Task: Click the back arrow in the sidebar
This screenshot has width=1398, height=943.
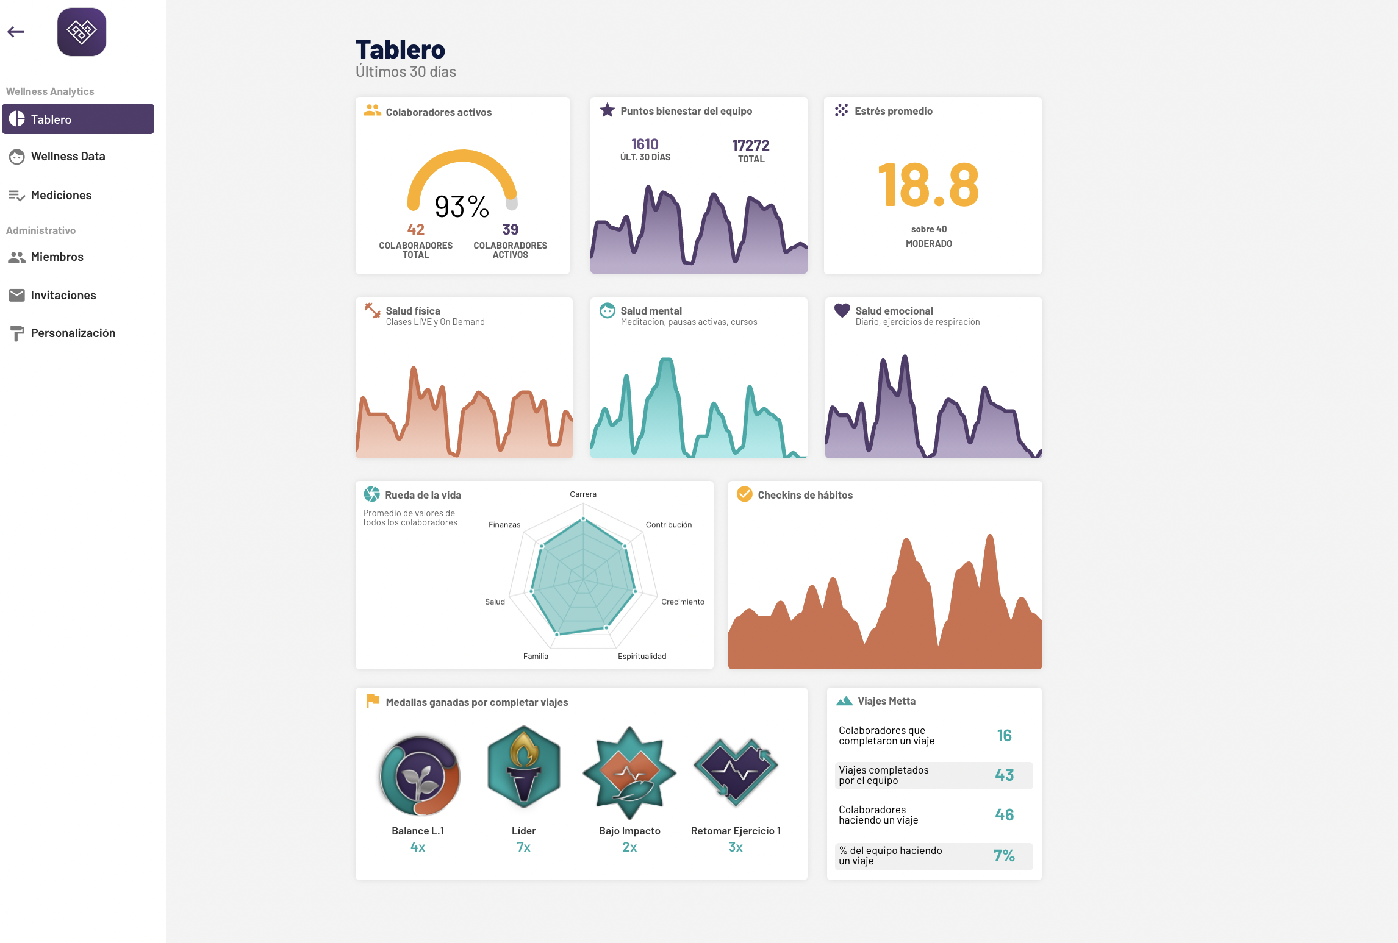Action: coord(16,32)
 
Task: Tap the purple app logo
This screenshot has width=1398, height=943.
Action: coord(82,32)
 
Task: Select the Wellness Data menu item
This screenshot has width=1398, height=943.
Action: coord(68,157)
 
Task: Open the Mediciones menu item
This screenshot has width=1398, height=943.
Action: coord(61,196)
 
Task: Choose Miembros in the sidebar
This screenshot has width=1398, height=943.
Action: coord(57,257)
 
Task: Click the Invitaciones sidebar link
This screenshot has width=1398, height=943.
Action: coord(63,296)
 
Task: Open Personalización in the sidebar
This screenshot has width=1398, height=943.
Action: coord(73,333)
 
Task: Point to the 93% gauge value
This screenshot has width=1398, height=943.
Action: coord(462,207)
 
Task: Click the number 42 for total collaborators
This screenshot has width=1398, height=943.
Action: coord(416,230)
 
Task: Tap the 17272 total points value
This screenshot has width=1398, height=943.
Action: coord(751,146)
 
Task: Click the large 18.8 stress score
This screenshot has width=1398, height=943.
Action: coord(928,185)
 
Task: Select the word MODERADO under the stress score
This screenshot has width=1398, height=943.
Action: coord(928,244)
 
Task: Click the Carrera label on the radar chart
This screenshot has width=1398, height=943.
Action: coord(583,494)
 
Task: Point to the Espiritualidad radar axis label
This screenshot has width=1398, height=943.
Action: coord(642,657)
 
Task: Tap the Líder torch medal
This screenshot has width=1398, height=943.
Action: coord(524,767)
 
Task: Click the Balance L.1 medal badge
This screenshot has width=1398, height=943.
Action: coord(420,775)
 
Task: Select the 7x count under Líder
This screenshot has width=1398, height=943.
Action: coord(523,847)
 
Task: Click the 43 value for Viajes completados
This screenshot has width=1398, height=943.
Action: coord(1004,775)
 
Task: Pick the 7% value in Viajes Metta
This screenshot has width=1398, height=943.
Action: coord(1003,856)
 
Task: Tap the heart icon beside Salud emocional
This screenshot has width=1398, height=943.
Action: coord(842,311)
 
